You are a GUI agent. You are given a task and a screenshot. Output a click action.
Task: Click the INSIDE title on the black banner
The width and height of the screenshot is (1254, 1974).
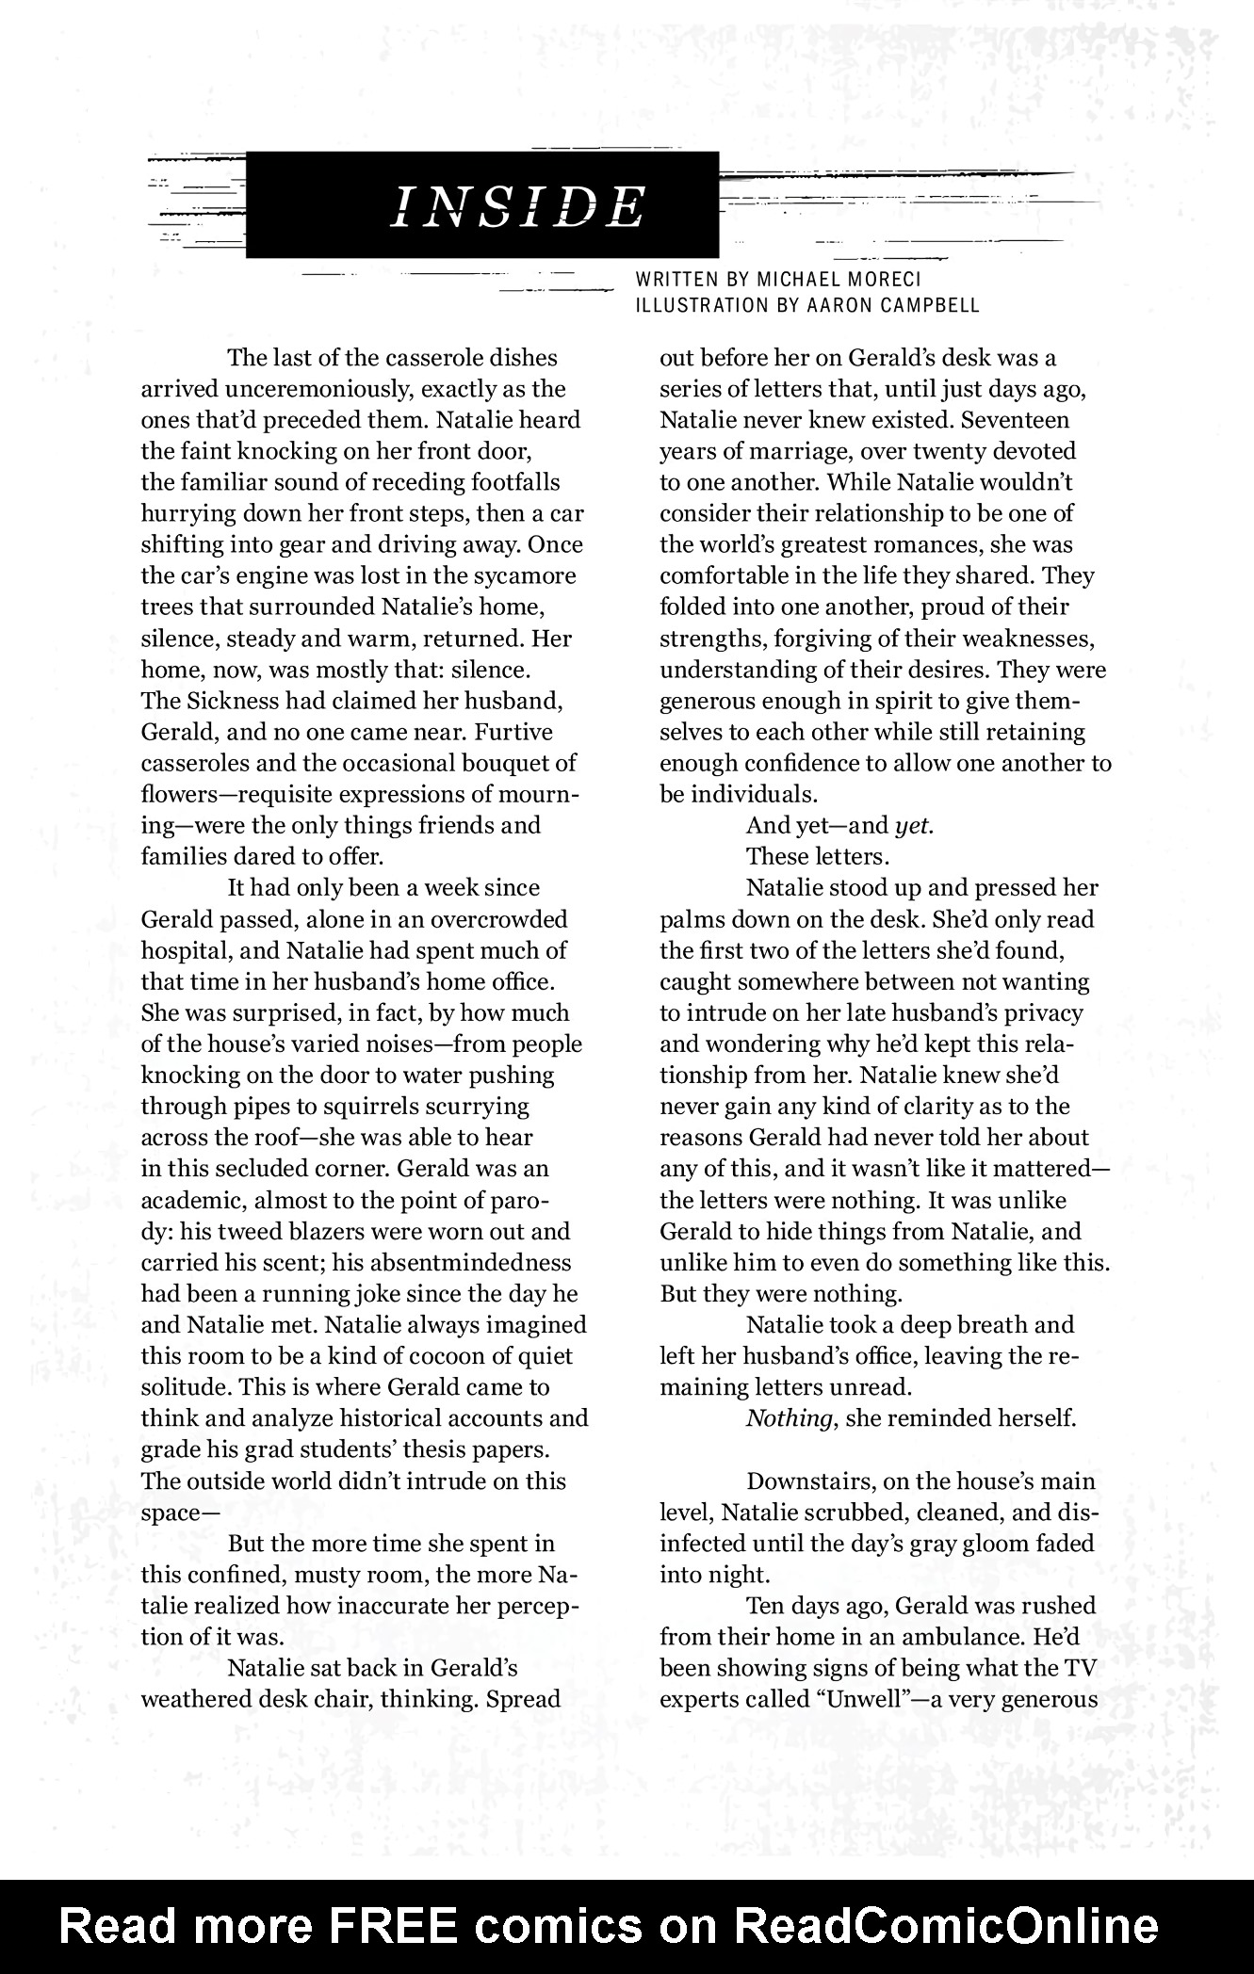click(518, 206)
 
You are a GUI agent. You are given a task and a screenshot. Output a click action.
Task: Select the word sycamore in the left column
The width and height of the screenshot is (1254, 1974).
click(524, 576)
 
